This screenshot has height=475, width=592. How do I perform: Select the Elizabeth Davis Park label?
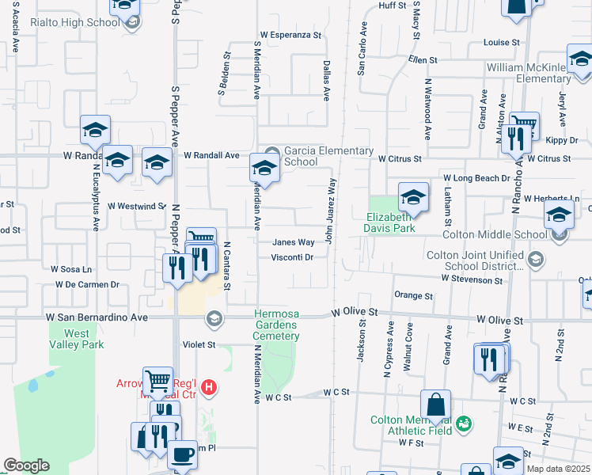[390, 222]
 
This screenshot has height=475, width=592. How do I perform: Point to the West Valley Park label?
[77, 339]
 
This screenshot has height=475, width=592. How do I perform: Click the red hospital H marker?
[209, 387]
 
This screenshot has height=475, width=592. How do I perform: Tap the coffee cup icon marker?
[183, 455]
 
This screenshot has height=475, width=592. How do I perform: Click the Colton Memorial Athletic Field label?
[412, 426]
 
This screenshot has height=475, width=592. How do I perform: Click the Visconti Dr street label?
[293, 257]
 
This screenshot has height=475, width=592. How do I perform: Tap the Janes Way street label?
[294, 243]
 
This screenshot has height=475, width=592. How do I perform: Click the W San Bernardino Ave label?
[97, 317]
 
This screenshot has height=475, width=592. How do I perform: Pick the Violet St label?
[199, 344]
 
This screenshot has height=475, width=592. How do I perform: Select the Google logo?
[26, 466]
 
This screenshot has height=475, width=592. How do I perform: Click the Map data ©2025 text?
[558, 469]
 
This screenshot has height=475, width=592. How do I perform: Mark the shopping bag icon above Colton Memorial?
[435, 405]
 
